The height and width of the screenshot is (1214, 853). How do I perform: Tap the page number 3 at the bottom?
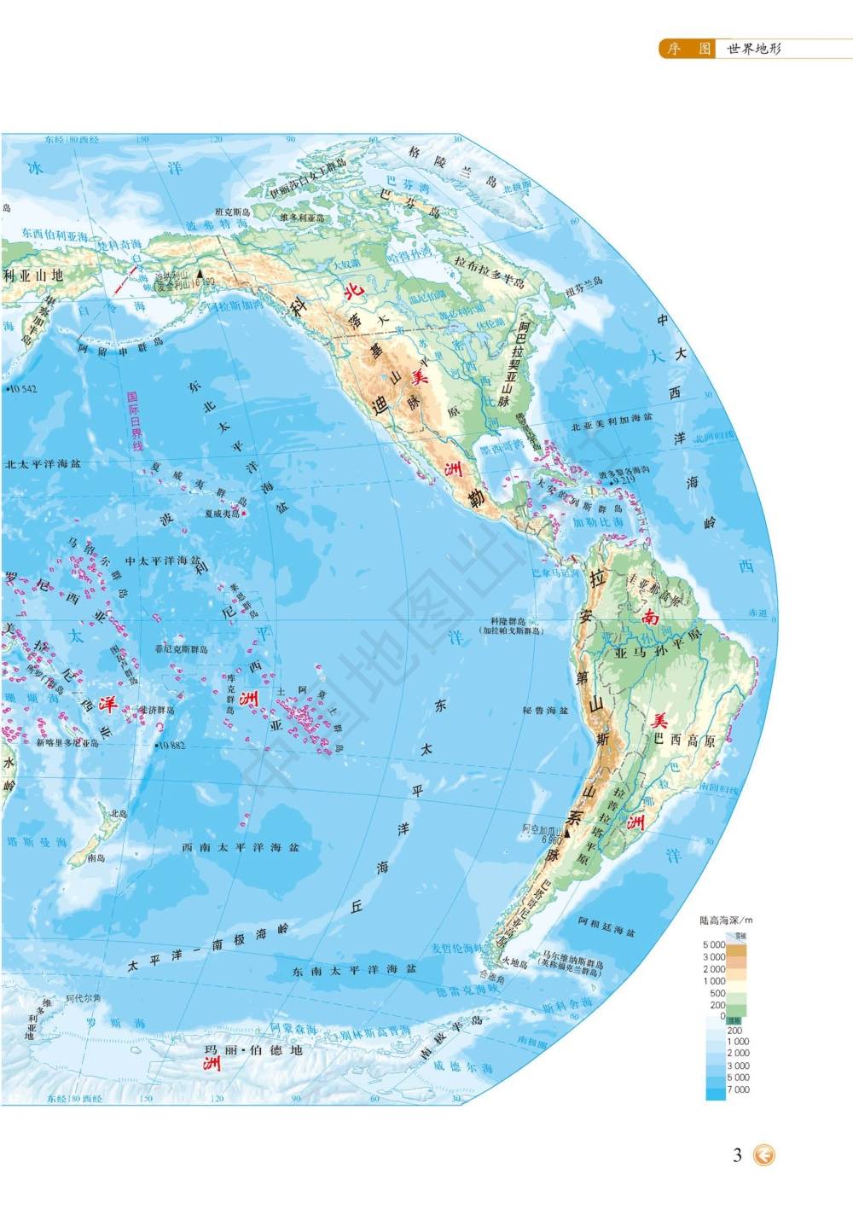tap(738, 1155)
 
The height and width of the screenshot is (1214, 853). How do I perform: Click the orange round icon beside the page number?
tap(765, 1155)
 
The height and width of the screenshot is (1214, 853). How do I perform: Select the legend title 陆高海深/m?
tap(726, 921)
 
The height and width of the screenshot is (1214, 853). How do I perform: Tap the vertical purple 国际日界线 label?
tap(132, 422)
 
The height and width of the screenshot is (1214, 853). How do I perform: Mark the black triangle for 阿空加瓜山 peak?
tap(565, 828)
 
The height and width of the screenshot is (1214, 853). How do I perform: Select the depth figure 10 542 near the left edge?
tap(21, 389)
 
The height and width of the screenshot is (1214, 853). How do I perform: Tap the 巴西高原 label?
tap(688, 741)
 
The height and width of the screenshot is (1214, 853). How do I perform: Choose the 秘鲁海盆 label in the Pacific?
tap(545, 710)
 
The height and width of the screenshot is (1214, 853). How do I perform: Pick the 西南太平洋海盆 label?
tap(241, 847)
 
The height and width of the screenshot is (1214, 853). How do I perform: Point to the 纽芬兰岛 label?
tap(583, 282)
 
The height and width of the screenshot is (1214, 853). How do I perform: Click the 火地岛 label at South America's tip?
tap(514, 962)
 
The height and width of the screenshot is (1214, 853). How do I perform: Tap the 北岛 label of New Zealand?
tap(117, 813)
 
